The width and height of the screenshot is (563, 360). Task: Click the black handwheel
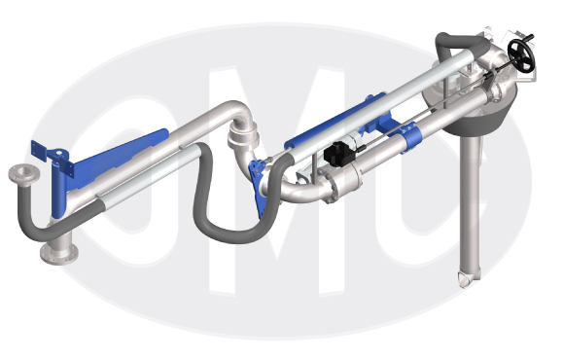point(521,54)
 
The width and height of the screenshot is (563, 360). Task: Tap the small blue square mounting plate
point(39,151)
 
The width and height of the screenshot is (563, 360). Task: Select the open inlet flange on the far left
point(24,174)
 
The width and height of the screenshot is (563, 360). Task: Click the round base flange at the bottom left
point(59,253)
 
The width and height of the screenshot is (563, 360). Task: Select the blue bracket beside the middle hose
point(258,187)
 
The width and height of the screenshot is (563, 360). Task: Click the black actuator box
point(337,154)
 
